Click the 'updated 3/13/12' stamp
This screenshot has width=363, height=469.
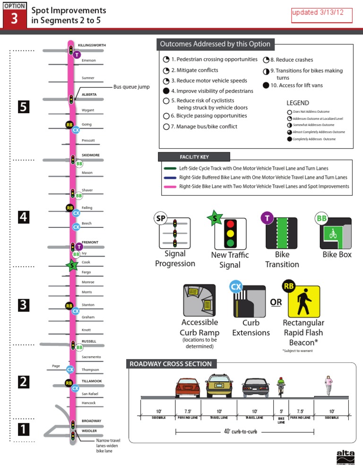click(x=322, y=15)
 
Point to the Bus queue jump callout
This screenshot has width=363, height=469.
click(x=131, y=87)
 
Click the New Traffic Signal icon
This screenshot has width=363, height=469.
click(x=231, y=233)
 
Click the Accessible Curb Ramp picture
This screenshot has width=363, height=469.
click(x=199, y=301)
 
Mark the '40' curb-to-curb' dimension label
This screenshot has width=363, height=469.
click(x=244, y=432)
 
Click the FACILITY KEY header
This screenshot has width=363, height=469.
click(x=194, y=157)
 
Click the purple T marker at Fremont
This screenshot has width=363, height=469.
click(x=79, y=246)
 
